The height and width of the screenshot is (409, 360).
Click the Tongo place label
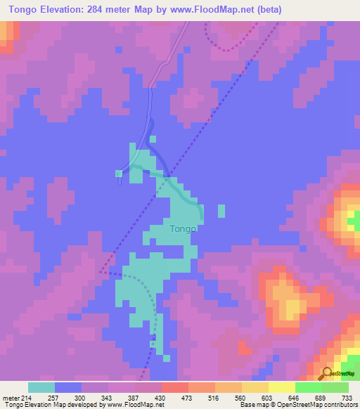pyautogui.click(x=183, y=228)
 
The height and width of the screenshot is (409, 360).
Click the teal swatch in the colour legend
pyautogui.click(x=41, y=387)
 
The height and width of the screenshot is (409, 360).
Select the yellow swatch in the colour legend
pyautogui.click(x=281, y=387)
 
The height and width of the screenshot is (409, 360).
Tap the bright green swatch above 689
pyautogui.click(x=308, y=387)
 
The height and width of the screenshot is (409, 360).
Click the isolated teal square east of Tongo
pyautogui.click(x=222, y=211)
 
